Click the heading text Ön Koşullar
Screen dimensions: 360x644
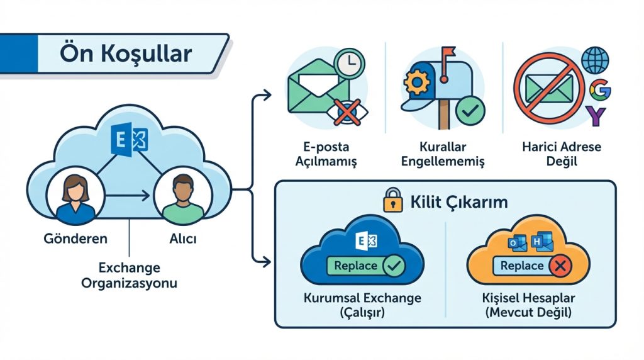126,53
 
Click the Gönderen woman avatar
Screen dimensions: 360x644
75,197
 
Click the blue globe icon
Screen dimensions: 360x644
594,61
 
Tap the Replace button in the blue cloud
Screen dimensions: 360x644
355,266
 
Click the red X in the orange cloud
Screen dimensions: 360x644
558,267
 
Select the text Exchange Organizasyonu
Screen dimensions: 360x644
129,275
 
